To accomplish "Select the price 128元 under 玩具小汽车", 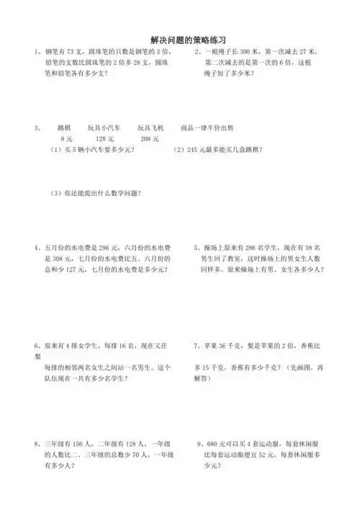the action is pyautogui.click(x=106, y=137).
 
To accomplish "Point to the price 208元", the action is pyautogui.click(x=150, y=137).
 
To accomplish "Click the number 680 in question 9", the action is pyautogui.click(x=215, y=444).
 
